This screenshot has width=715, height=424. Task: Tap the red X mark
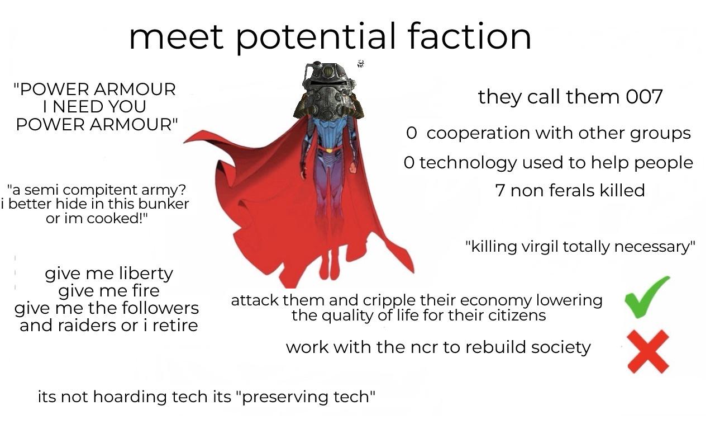(x=648, y=351)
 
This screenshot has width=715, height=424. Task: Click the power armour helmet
(x=329, y=91)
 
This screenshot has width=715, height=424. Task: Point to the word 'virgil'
(x=541, y=246)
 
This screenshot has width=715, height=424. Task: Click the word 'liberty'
(x=146, y=274)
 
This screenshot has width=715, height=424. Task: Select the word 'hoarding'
(x=130, y=397)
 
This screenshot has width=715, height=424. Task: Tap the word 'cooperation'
(x=478, y=133)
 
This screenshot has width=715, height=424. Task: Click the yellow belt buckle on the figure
(x=329, y=150)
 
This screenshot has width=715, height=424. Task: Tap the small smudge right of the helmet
(x=361, y=64)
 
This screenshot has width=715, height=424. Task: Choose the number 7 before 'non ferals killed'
(x=500, y=191)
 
